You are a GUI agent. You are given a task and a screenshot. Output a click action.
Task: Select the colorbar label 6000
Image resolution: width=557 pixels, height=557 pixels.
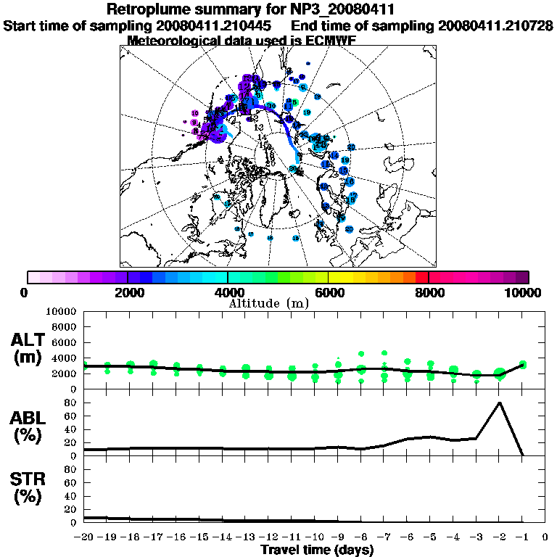[x=329, y=292]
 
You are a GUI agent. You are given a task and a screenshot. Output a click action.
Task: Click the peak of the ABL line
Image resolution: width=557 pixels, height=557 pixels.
[x=499, y=403]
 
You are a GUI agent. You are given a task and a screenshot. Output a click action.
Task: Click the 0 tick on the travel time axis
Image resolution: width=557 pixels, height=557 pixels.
[x=545, y=537]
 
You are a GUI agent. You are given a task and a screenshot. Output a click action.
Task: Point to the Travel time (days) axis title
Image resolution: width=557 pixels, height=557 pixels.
[x=318, y=550]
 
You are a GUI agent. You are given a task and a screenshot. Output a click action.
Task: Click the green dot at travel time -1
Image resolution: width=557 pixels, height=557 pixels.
[x=522, y=365]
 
